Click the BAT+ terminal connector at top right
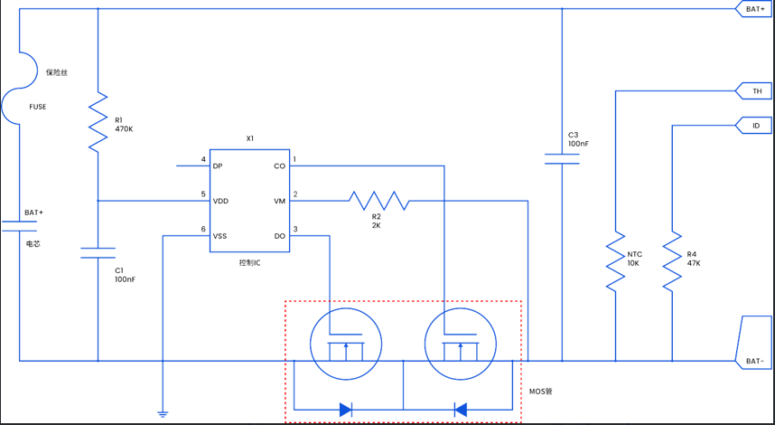[x=754, y=9]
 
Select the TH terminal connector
[x=755, y=91]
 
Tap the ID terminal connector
[x=754, y=126]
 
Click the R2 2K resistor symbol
[x=379, y=200]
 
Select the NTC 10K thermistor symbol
[x=615, y=260]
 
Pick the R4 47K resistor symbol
[x=672, y=260]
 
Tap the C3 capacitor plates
[x=562, y=159]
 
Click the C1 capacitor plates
[x=98, y=252]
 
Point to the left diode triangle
[x=345, y=410]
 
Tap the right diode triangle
[x=461, y=410]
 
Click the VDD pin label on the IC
[x=221, y=201]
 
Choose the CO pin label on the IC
[x=279, y=166]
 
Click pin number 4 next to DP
[x=203, y=161]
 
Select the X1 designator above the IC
[x=250, y=138]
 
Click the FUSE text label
[x=37, y=107]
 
